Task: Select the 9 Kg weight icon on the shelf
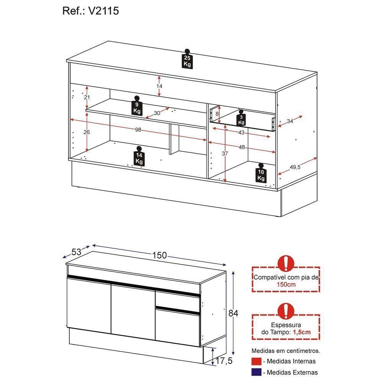coord(137,106)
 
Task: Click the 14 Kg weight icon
coord(139,157)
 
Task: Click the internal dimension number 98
coord(138,130)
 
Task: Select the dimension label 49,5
coord(295,167)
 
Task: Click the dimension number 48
coord(242,147)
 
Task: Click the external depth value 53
coord(76,252)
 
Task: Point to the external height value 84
coord(233,313)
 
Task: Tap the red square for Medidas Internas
coord(256,361)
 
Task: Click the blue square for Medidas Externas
coord(256,372)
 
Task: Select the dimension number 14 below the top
coord(159,86)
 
